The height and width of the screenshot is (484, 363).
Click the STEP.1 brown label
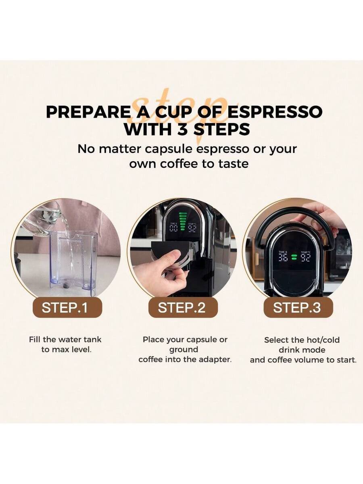(67, 307)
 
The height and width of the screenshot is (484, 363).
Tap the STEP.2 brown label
(183, 307)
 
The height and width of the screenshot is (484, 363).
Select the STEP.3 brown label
(298, 307)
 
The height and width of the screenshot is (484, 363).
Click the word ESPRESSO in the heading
(275, 112)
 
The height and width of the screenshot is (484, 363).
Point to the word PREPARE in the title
(88, 112)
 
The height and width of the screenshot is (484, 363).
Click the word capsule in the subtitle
(169, 150)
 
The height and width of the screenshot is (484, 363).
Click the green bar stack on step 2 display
(182, 221)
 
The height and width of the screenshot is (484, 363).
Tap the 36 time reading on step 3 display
(283, 257)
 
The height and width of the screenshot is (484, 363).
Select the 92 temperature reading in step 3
(305, 257)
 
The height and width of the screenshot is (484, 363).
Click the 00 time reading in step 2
(173, 228)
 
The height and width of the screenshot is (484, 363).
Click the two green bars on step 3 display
(294, 257)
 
